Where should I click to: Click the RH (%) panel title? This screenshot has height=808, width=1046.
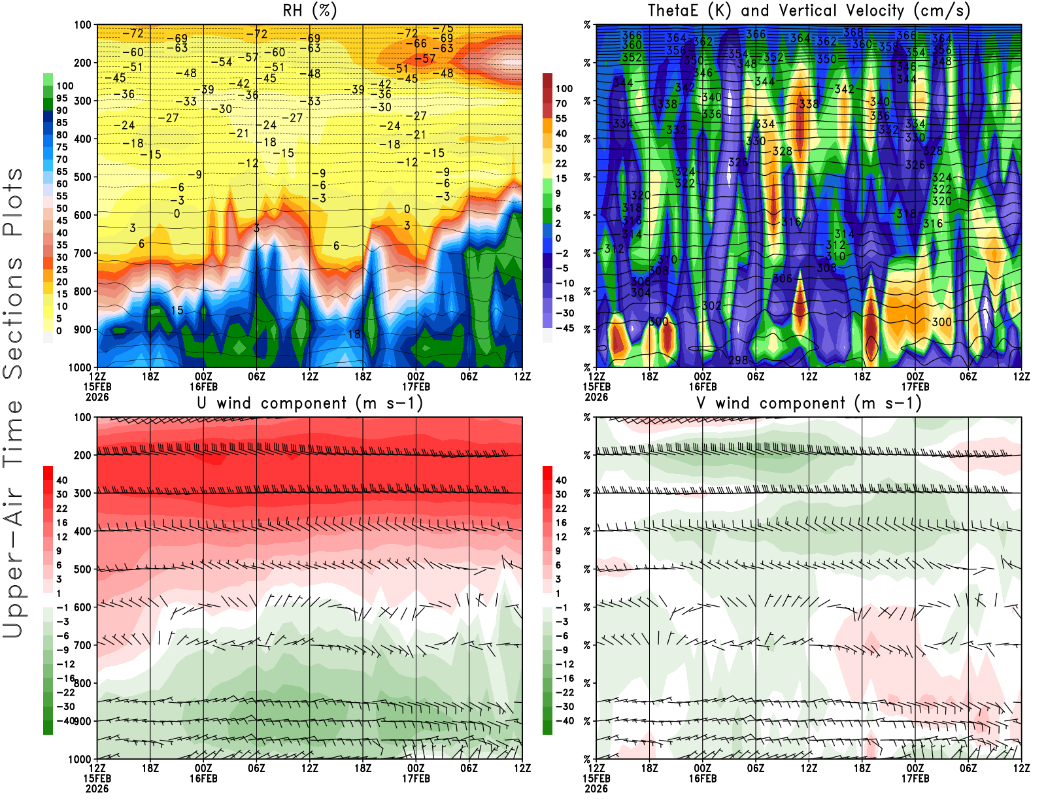(309, 10)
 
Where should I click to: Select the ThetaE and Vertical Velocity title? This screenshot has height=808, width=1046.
(809, 10)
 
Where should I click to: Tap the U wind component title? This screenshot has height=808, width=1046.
(310, 403)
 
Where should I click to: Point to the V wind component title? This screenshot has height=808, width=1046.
(809, 403)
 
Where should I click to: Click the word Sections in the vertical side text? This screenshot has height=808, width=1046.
(13, 317)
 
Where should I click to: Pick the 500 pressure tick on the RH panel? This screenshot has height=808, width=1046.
(83, 177)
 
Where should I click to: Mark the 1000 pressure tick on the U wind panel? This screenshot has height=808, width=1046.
(80, 760)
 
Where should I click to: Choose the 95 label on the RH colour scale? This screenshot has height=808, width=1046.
(62, 98)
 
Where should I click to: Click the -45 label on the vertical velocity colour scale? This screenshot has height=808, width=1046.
(564, 328)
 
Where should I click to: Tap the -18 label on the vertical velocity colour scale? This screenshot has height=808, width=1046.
(564, 298)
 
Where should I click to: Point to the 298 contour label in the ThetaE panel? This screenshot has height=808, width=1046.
(738, 360)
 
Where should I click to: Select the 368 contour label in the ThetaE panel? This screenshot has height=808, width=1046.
(852, 33)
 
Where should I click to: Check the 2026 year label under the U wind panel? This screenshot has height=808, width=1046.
(97, 788)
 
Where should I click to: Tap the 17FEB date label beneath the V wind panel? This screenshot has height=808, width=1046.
(915, 779)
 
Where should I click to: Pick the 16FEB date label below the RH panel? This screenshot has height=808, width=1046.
(203, 386)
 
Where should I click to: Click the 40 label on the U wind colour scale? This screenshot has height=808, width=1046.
(62, 480)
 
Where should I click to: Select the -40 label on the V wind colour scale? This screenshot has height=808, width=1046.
(564, 721)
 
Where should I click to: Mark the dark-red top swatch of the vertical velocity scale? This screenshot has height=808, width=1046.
(547, 80)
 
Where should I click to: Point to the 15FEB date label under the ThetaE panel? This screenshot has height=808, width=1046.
(596, 386)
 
